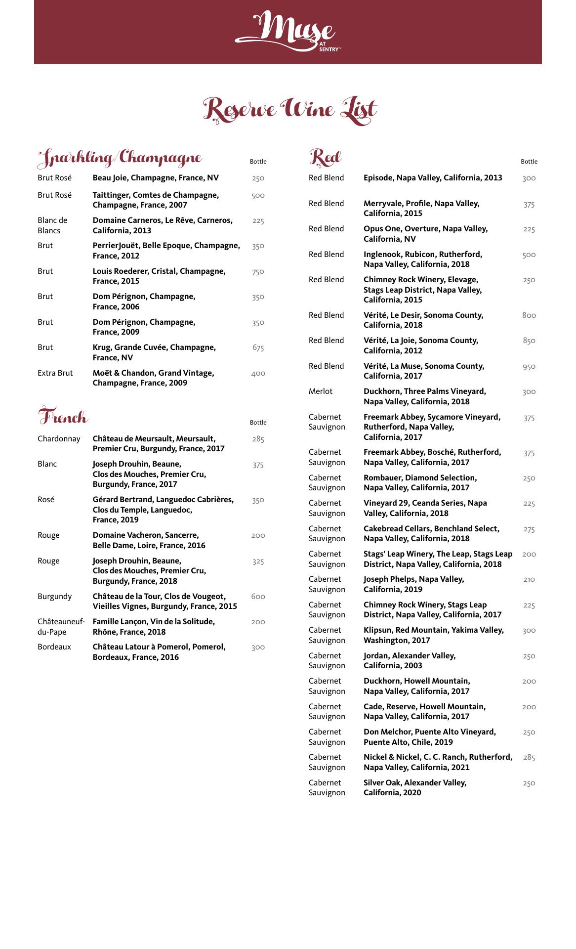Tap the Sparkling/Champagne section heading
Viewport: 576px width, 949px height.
(x=120, y=158)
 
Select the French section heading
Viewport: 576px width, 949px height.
(x=63, y=417)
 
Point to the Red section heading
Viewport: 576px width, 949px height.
(x=325, y=157)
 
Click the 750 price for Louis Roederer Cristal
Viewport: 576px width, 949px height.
(x=258, y=272)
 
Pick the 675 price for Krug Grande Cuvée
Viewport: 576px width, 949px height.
(x=258, y=348)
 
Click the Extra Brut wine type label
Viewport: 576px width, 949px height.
(x=55, y=373)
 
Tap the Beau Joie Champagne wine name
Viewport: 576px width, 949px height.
(x=156, y=178)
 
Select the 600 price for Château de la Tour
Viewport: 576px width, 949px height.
(x=258, y=597)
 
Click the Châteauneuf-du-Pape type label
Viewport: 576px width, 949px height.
(x=61, y=627)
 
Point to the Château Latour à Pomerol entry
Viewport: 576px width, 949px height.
(x=159, y=652)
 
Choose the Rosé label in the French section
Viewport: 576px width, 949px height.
(x=46, y=500)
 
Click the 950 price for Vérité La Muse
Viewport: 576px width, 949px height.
(x=529, y=367)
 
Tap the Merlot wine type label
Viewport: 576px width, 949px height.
(x=321, y=391)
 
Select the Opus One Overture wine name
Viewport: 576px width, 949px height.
(x=425, y=234)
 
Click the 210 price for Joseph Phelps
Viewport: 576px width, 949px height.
(x=529, y=579)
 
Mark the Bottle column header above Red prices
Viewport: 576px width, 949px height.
(x=529, y=162)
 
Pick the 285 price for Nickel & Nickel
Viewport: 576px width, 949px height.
(x=529, y=757)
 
